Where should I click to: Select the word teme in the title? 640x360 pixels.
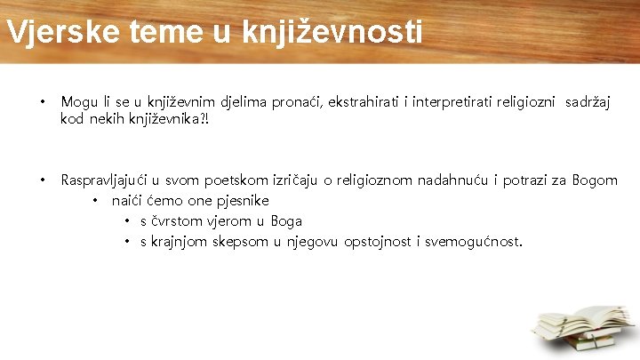click(156, 31)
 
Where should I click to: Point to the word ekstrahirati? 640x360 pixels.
click(364, 102)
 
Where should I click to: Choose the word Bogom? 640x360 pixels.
click(596, 180)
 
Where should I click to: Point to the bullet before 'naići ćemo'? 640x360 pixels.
click(94, 201)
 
